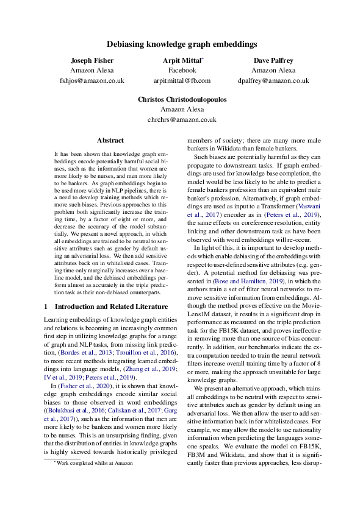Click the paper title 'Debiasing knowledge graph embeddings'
click(x=182, y=44)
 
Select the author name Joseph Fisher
click(x=92, y=61)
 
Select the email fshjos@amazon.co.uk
click(x=92, y=80)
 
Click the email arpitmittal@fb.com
click(x=182, y=80)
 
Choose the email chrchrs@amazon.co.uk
click(x=182, y=119)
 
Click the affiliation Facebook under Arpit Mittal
click(x=182, y=71)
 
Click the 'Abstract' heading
click(x=110, y=140)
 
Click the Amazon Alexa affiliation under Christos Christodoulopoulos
click(x=182, y=110)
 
